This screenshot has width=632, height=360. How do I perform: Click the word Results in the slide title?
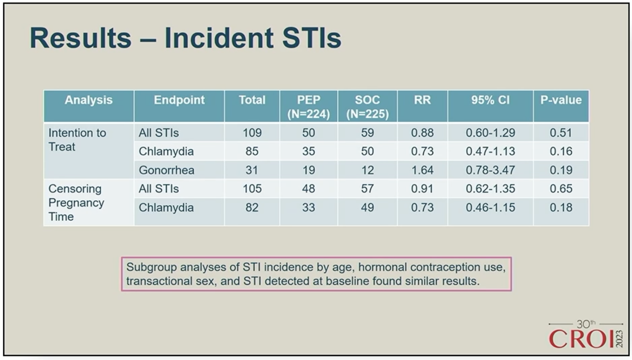pyautogui.click(x=81, y=38)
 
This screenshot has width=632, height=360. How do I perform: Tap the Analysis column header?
pyautogui.click(x=89, y=100)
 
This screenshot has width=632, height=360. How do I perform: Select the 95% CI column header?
pyautogui.click(x=491, y=100)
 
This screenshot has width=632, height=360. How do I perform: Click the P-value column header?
pyautogui.click(x=561, y=100)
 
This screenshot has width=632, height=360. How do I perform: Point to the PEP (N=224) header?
pyautogui.click(x=308, y=107)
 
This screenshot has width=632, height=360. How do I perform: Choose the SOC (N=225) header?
pyautogui.click(x=367, y=107)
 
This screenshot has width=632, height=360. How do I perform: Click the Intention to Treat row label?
pyautogui.click(x=77, y=140)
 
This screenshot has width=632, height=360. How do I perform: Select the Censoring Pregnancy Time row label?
pyautogui.click(x=76, y=202)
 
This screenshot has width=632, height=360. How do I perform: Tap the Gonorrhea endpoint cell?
pyautogui.click(x=166, y=170)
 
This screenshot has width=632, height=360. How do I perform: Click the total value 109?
pyautogui.click(x=252, y=132)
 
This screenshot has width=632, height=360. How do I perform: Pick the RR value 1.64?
pyautogui.click(x=422, y=170)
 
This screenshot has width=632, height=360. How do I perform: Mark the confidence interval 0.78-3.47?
pyautogui.click(x=491, y=170)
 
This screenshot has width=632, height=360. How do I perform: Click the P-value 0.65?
pyautogui.click(x=561, y=188)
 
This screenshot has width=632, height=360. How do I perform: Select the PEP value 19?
pyautogui.click(x=308, y=170)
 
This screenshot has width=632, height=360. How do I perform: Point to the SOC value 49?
pyautogui.click(x=367, y=207)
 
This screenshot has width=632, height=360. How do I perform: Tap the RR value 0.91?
pyautogui.click(x=422, y=188)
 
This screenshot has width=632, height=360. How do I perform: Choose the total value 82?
pyautogui.click(x=252, y=207)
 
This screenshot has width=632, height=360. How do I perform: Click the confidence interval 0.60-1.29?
pyautogui.click(x=491, y=132)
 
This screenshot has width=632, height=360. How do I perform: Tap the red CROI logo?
pyautogui.click(x=586, y=335)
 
